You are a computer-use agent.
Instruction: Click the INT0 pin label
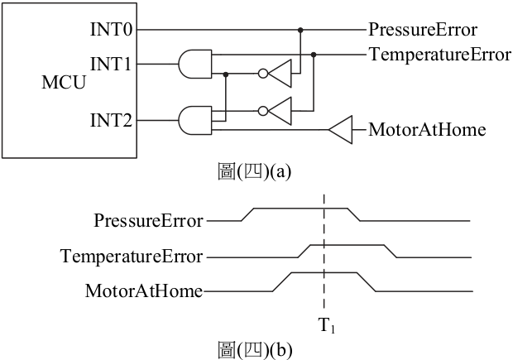pyautogui.click(x=111, y=30)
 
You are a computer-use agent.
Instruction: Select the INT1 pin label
pyautogui.click(x=111, y=64)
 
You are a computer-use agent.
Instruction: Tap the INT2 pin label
pyautogui.click(x=111, y=120)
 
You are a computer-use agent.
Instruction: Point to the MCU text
pyautogui.click(x=64, y=82)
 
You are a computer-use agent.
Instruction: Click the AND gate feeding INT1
pyautogui.click(x=195, y=65)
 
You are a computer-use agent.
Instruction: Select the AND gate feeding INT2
pyautogui.click(x=195, y=121)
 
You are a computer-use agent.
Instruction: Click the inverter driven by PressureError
pyautogui.click(x=275, y=74)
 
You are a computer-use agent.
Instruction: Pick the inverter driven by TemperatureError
pyautogui.click(x=275, y=111)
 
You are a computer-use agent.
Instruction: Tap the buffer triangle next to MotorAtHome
pyautogui.click(x=341, y=130)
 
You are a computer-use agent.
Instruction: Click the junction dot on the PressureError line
pyautogui.click(x=300, y=30)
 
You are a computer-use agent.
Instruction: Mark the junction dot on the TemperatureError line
pyautogui.click(x=314, y=55)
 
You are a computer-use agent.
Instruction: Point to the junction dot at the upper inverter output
pyautogui.click(x=225, y=74)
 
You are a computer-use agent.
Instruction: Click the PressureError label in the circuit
pyautogui.click(x=423, y=30)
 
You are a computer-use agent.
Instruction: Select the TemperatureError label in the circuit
pyautogui.click(x=440, y=55)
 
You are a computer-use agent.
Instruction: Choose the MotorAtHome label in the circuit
pyautogui.click(x=427, y=130)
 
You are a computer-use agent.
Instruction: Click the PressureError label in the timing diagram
pyautogui.click(x=149, y=221)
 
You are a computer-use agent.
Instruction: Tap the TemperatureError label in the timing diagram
pyautogui.click(x=132, y=256)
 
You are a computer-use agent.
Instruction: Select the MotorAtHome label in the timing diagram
pyautogui.click(x=144, y=291)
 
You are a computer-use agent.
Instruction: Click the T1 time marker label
pyautogui.click(x=327, y=325)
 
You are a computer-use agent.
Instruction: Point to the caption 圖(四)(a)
pyautogui.click(x=255, y=171)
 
